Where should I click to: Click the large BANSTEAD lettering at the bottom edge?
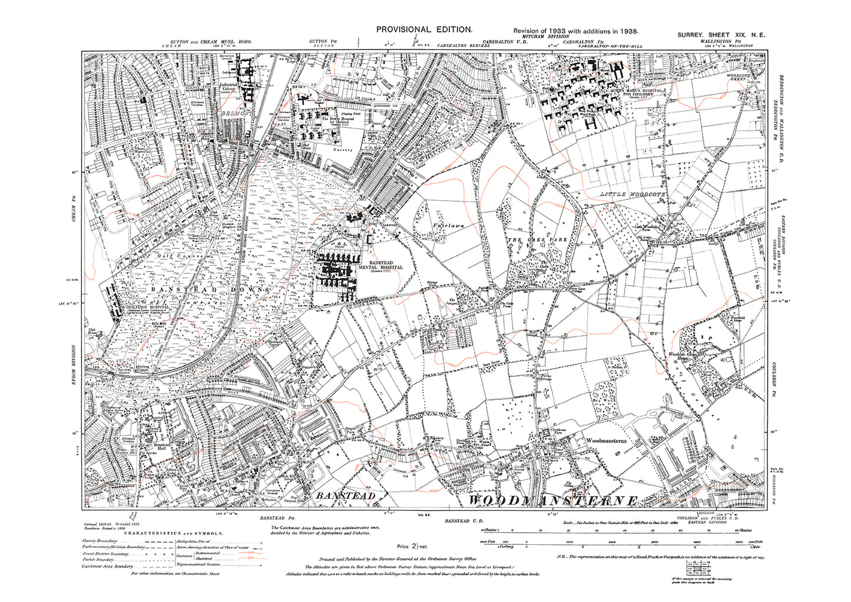346,497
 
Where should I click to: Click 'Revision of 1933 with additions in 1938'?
575,31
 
